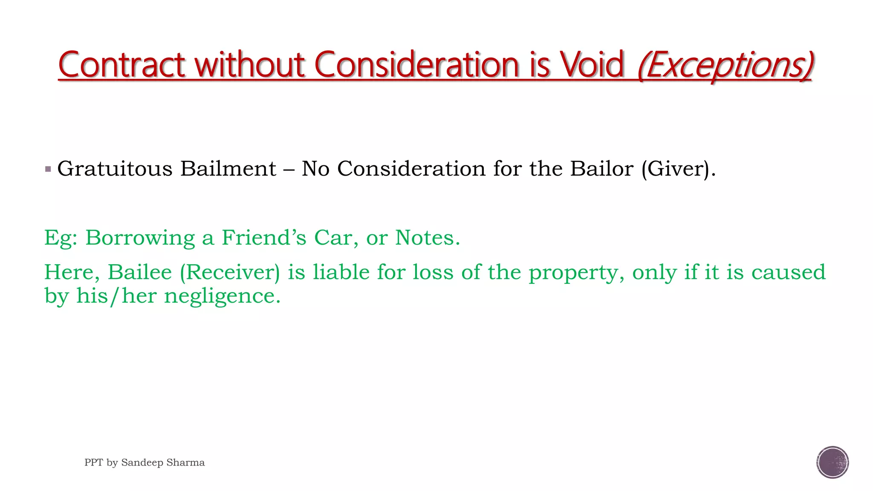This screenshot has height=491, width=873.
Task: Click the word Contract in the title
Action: coord(121,65)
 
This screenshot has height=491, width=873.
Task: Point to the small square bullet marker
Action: coord(48,169)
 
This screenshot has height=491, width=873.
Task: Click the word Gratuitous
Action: coord(115,169)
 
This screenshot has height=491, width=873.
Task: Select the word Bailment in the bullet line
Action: coord(228,169)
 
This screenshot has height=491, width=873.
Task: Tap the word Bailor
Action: coord(601,169)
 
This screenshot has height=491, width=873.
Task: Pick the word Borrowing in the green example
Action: coord(140,238)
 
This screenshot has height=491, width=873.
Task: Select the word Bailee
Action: coord(139,272)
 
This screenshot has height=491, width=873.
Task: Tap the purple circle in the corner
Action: coord(833,462)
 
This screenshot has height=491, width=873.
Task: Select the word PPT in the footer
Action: coord(93,462)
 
